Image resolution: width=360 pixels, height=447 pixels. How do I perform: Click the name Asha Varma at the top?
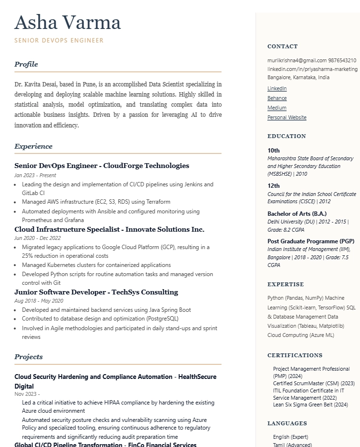tap(68, 23)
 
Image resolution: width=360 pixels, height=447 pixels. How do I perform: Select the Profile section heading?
tap(26, 64)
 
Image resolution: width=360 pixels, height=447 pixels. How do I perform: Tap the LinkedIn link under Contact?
tap(277, 89)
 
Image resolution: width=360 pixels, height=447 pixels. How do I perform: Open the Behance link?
tap(277, 98)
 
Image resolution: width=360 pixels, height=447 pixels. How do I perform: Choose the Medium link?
tap(277, 108)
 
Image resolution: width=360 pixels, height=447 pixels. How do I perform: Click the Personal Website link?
tap(287, 118)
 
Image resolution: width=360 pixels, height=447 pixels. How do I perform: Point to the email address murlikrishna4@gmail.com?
tap(297, 61)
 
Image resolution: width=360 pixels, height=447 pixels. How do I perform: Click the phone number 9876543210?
tap(342, 61)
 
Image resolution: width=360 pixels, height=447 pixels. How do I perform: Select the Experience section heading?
tap(33, 146)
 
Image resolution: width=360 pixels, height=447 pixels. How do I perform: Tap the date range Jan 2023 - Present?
tap(35, 175)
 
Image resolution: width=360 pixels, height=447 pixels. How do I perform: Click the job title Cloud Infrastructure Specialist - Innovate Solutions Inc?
tap(109, 229)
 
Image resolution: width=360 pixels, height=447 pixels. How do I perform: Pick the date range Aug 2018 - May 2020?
tap(39, 301)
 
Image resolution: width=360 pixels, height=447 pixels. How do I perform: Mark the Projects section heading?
tap(28, 357)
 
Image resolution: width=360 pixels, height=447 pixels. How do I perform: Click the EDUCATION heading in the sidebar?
tap(287, 136)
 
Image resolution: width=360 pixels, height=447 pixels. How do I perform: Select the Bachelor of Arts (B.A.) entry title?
tap(297, 214)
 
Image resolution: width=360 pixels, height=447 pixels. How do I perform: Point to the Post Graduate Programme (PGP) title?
tap(311, 241)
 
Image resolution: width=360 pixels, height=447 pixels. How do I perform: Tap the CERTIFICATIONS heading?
tap(295, 355)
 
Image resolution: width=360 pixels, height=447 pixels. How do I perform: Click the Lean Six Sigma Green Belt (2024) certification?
tap(310, 405)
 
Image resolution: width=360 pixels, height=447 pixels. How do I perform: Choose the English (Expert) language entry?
tap(291, 437)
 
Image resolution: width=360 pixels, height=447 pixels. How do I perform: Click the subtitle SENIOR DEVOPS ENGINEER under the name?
tap(59, 41)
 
